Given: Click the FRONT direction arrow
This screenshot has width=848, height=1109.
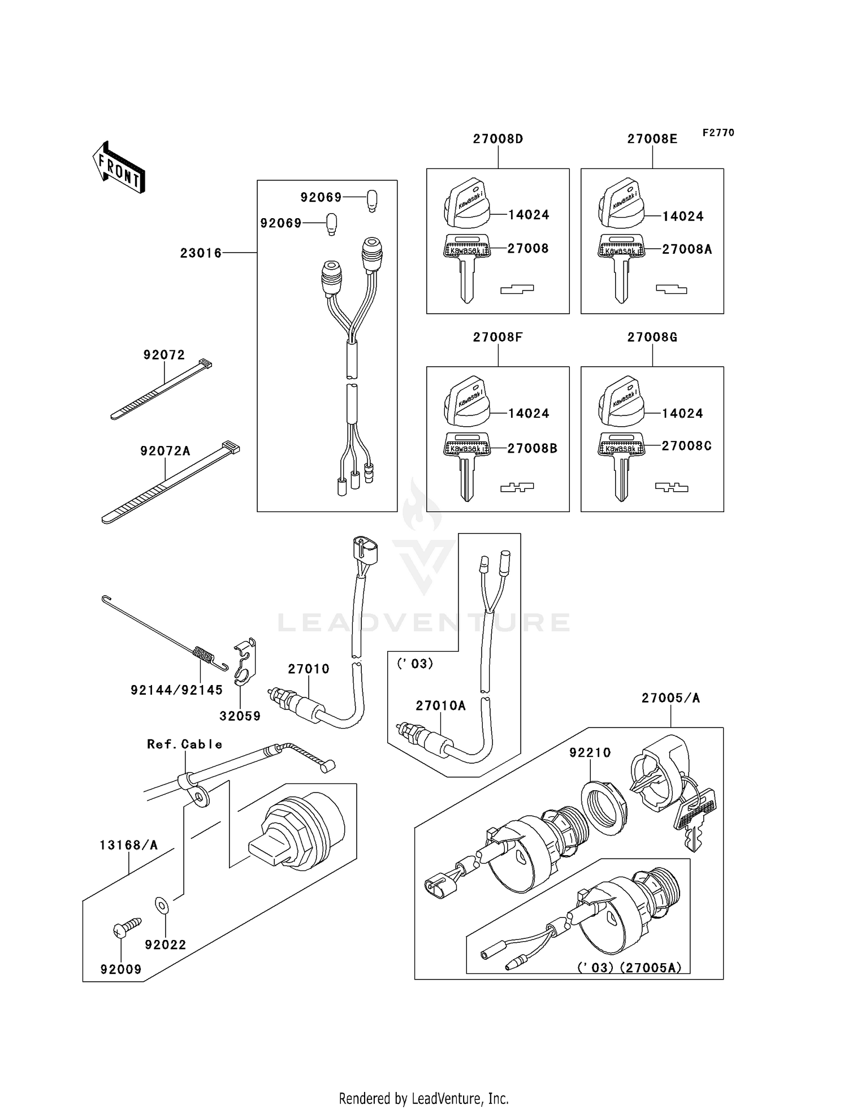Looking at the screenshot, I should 119,167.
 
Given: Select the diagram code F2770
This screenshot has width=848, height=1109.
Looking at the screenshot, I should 718,132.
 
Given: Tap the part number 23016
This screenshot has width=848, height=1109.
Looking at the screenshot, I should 201,253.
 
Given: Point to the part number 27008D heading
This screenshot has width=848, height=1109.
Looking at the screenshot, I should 498,138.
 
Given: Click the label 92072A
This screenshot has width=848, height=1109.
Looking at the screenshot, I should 165,450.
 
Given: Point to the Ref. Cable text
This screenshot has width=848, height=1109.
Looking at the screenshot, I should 184,744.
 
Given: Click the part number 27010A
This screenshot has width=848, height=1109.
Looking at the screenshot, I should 440,705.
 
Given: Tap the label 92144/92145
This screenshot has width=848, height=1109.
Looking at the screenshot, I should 176,690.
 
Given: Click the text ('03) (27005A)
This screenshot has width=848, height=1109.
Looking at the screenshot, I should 629,967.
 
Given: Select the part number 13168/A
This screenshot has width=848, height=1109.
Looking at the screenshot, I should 128,845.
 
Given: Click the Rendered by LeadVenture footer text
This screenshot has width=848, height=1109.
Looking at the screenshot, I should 423,1098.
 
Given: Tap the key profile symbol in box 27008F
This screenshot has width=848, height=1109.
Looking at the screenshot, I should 517,487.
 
